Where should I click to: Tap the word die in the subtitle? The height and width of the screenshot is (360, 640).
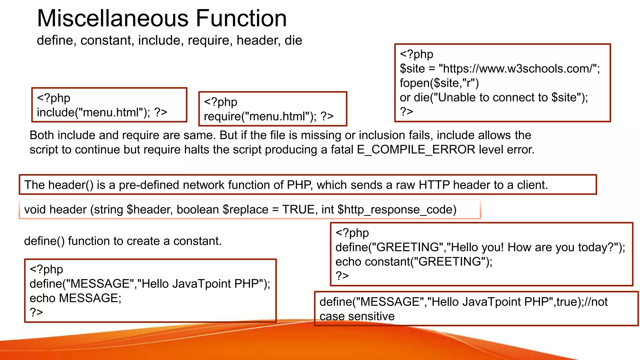click(x=293, y=40)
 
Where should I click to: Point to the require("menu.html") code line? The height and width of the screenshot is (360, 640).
click(x=260, y=116)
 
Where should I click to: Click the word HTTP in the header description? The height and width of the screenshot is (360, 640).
click(x=434, y=185)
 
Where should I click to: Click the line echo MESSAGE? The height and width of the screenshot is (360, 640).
click(x=75, y=298)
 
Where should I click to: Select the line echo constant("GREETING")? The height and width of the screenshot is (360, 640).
click(x=413, y=262)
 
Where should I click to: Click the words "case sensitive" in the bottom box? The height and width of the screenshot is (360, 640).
click(x=357, y=316)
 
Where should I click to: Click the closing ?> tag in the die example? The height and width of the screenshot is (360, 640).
click(x=406, y=112)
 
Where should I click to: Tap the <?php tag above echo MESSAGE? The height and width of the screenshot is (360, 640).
click(x=46, y=269)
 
